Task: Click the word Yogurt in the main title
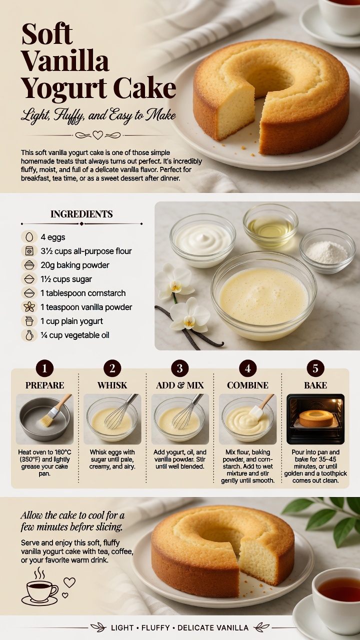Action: (64, 89)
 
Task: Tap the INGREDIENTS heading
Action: (81, 214)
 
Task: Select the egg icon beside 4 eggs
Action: (29, 237)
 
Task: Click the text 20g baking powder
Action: (75, 265)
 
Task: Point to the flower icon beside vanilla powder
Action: (29, 307)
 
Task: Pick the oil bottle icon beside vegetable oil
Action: (29, 335)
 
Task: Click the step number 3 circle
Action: (179, 368)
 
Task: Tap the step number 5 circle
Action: (315, 368)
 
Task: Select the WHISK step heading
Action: (112, 385)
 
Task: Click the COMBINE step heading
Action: (247, 385)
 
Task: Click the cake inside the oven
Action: (316, 418)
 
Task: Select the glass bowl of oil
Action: (270, 226)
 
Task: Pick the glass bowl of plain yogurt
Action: (202, 240)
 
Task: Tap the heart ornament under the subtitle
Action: (97, 135)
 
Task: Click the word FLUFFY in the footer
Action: (155, 627)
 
